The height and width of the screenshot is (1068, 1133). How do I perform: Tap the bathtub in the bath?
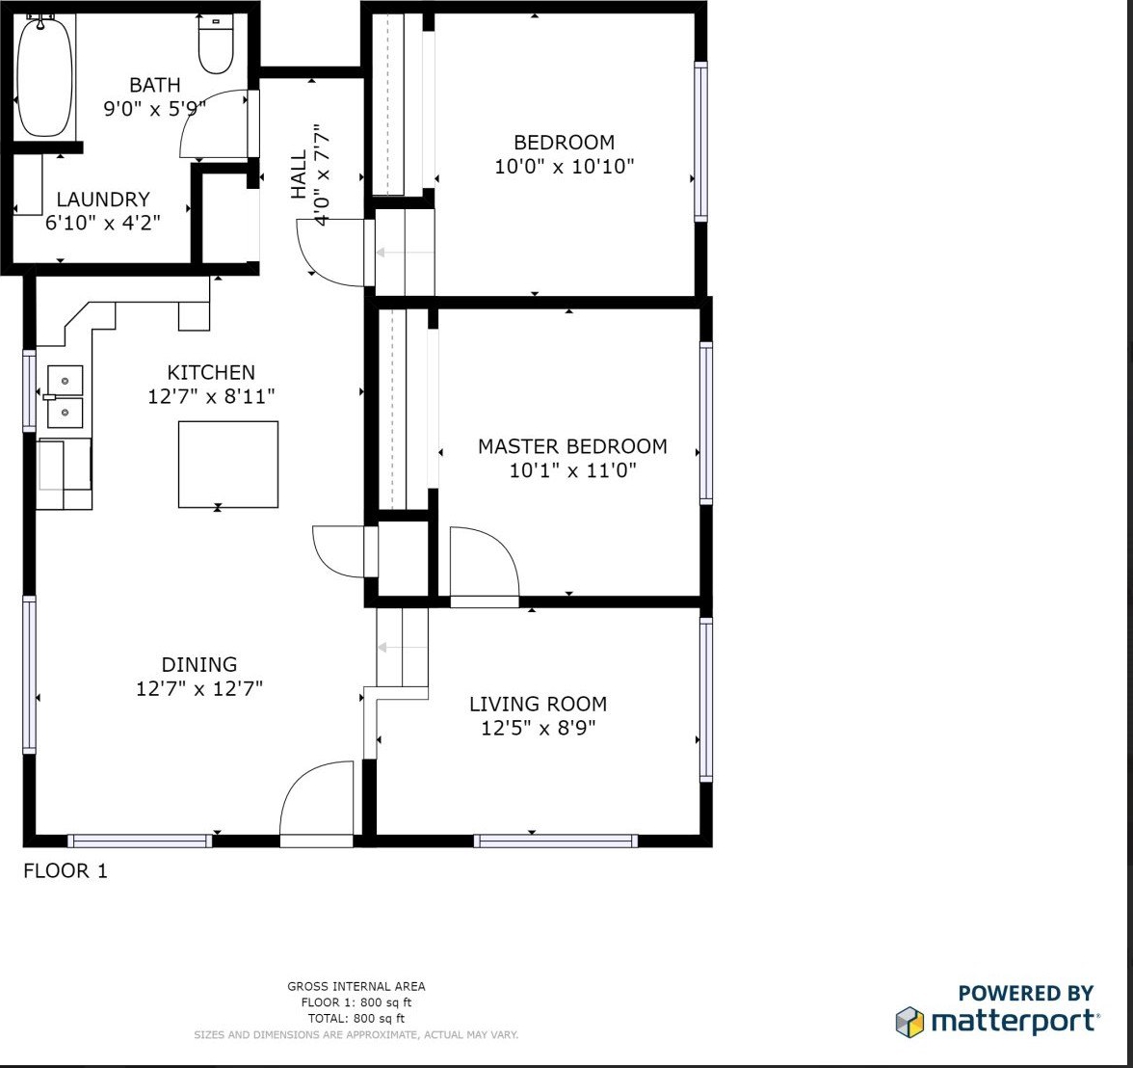click(x=44, y=76)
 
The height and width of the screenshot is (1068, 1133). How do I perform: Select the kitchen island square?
click(x=228, y=465)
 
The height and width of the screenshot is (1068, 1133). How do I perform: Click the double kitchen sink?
click(x=65, y=396)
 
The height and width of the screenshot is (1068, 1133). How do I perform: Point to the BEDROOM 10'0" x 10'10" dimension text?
click(x=565, y=167)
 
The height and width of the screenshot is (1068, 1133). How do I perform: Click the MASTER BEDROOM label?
click(x=572, y=446)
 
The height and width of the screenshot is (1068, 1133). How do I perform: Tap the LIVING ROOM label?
click(x=539, y=704)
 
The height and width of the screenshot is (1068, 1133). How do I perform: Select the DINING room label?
click(x=198, y=664)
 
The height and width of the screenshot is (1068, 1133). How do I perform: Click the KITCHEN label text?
click(x=211, y=372)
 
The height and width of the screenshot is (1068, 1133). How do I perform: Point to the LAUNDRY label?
click(x=103, y=199)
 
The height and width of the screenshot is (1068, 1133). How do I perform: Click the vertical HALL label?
click(x=299, y=174)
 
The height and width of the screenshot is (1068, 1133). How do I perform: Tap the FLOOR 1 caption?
click(x=66, y=870)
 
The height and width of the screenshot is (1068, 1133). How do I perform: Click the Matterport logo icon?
click(x=909, y=1022)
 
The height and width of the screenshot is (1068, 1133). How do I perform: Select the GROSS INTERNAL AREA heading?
click(x=356, y=986)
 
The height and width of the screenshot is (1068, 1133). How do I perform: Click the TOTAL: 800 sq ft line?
click(x=356, y=1018)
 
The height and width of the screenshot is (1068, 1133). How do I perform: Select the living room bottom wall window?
click(x=556, y=841)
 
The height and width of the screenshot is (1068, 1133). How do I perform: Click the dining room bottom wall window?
click(x=141, y=841)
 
